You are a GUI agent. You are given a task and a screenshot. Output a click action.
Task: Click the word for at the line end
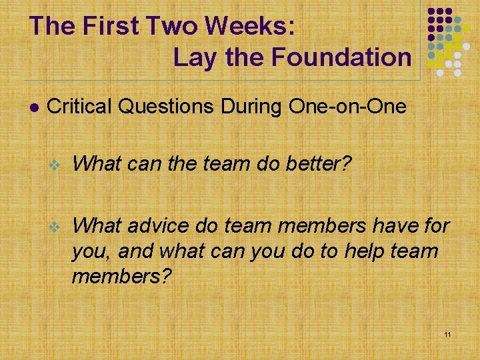pyautogui.click(x=437, y=227)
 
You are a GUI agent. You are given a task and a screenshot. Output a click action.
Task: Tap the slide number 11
pyautogui.click(x=447, y=333)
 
